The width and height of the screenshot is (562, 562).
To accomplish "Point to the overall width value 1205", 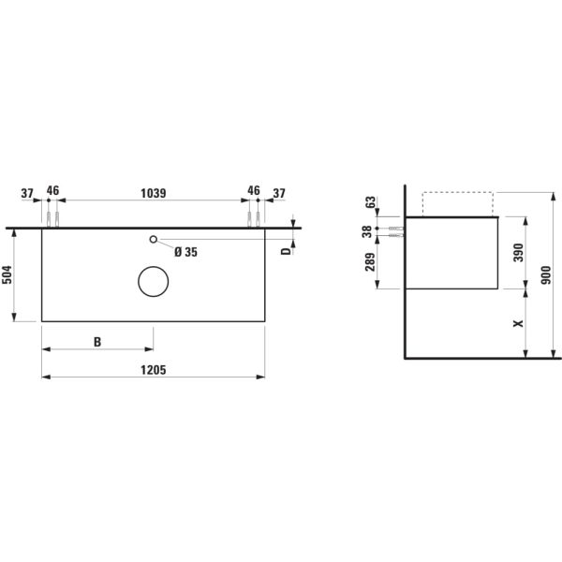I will coord(153,370).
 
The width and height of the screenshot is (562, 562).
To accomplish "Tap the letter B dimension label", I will coord(97,342).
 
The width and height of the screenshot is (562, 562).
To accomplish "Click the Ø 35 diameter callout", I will coord(186,251).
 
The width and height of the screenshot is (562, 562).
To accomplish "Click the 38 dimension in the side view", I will coord(367,231).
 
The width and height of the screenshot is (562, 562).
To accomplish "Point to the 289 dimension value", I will coord(367,264).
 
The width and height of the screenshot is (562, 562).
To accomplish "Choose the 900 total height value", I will coord(548,275).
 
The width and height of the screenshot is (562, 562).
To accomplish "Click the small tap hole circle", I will coord(154,240).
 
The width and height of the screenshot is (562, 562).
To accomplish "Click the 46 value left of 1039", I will coord(52,191).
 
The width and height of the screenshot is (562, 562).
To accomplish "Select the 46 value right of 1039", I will coord(254,191).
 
